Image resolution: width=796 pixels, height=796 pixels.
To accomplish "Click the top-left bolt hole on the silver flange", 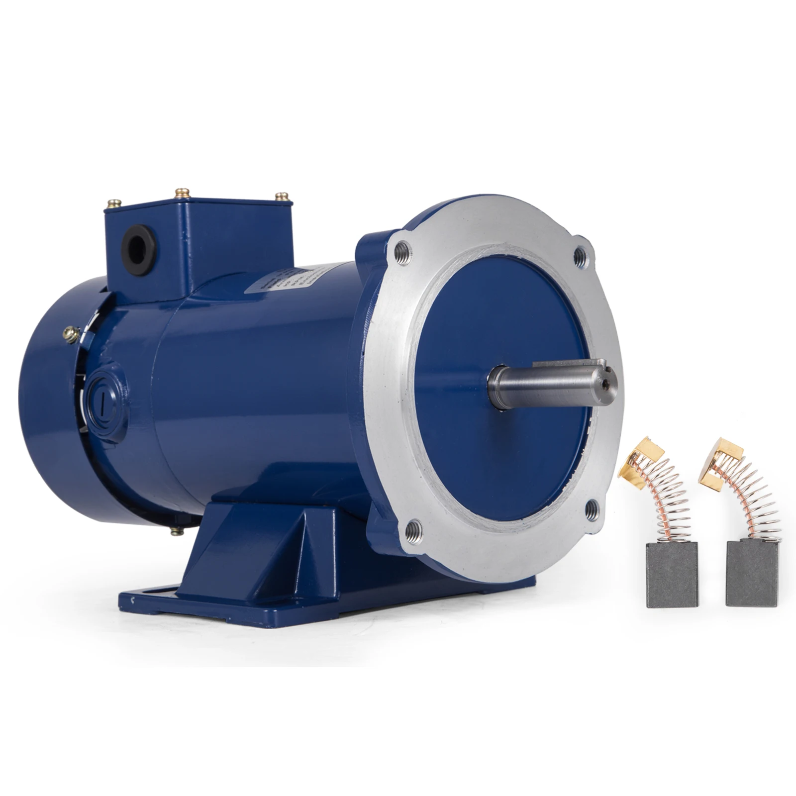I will pos(403,253).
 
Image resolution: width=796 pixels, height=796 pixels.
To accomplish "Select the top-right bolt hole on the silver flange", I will pos(580,255).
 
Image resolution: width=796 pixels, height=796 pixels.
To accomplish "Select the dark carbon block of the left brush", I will pos(665,574).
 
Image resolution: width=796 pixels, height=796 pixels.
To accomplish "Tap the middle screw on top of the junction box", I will pos(182,193).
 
